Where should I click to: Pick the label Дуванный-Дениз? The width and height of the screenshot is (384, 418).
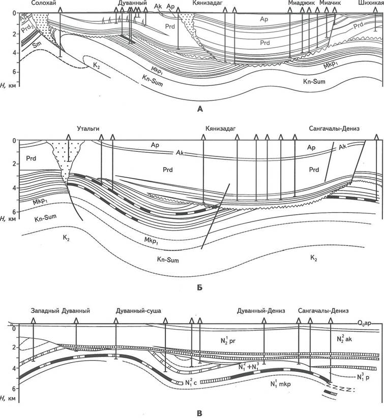point(261,311)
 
